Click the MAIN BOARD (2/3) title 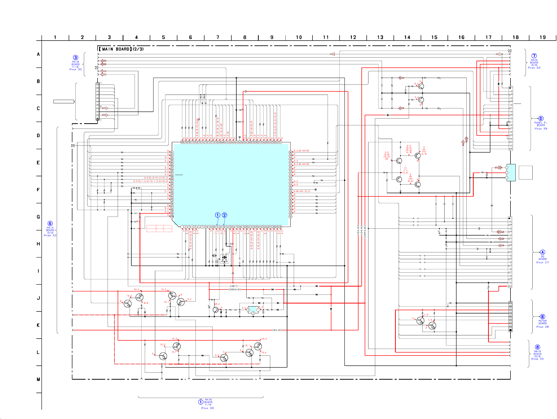coord(121,49)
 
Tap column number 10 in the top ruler coord(299,37)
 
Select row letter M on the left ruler coord(38,379)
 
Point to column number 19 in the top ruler coord(542,37)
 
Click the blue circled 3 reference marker coord(76,58)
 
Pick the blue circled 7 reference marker coord(534,56)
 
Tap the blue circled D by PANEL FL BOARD coord(541,119)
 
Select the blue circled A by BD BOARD coord(542,252)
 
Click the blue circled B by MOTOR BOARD coord(542,317)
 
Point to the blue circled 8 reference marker coord(537,347)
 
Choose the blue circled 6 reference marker coord(50,224)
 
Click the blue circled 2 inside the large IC coord(224,215)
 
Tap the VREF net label coord(234,286)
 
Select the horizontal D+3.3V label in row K coord(277,330)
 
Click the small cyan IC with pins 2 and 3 coord(253,310)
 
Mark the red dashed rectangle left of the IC coord(159,228)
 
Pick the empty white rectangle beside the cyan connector coord(525,173)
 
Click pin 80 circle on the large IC coord(182,142)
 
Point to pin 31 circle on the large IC coord(290,217)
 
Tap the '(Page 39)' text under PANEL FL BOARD coord(541,129)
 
